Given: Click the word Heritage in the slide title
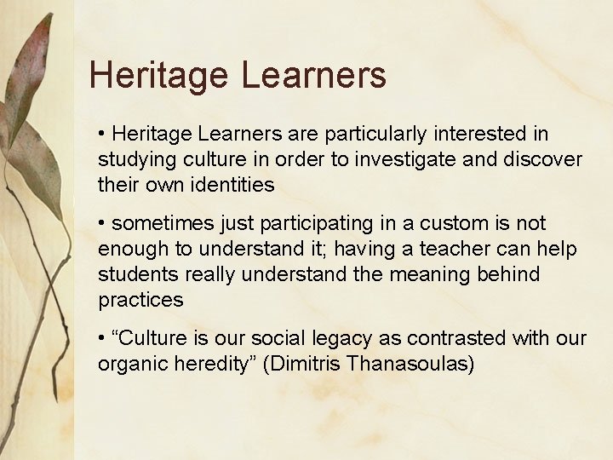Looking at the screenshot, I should (x=158, y=75).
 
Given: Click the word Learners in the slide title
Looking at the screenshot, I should (x=312, y=75).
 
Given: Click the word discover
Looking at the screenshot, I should (x=541, y=159).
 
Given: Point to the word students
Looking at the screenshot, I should (x=132, y=274).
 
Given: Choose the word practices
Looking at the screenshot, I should (x=140, y=300).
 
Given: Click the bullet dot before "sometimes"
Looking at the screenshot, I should (x=102, y=223).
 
